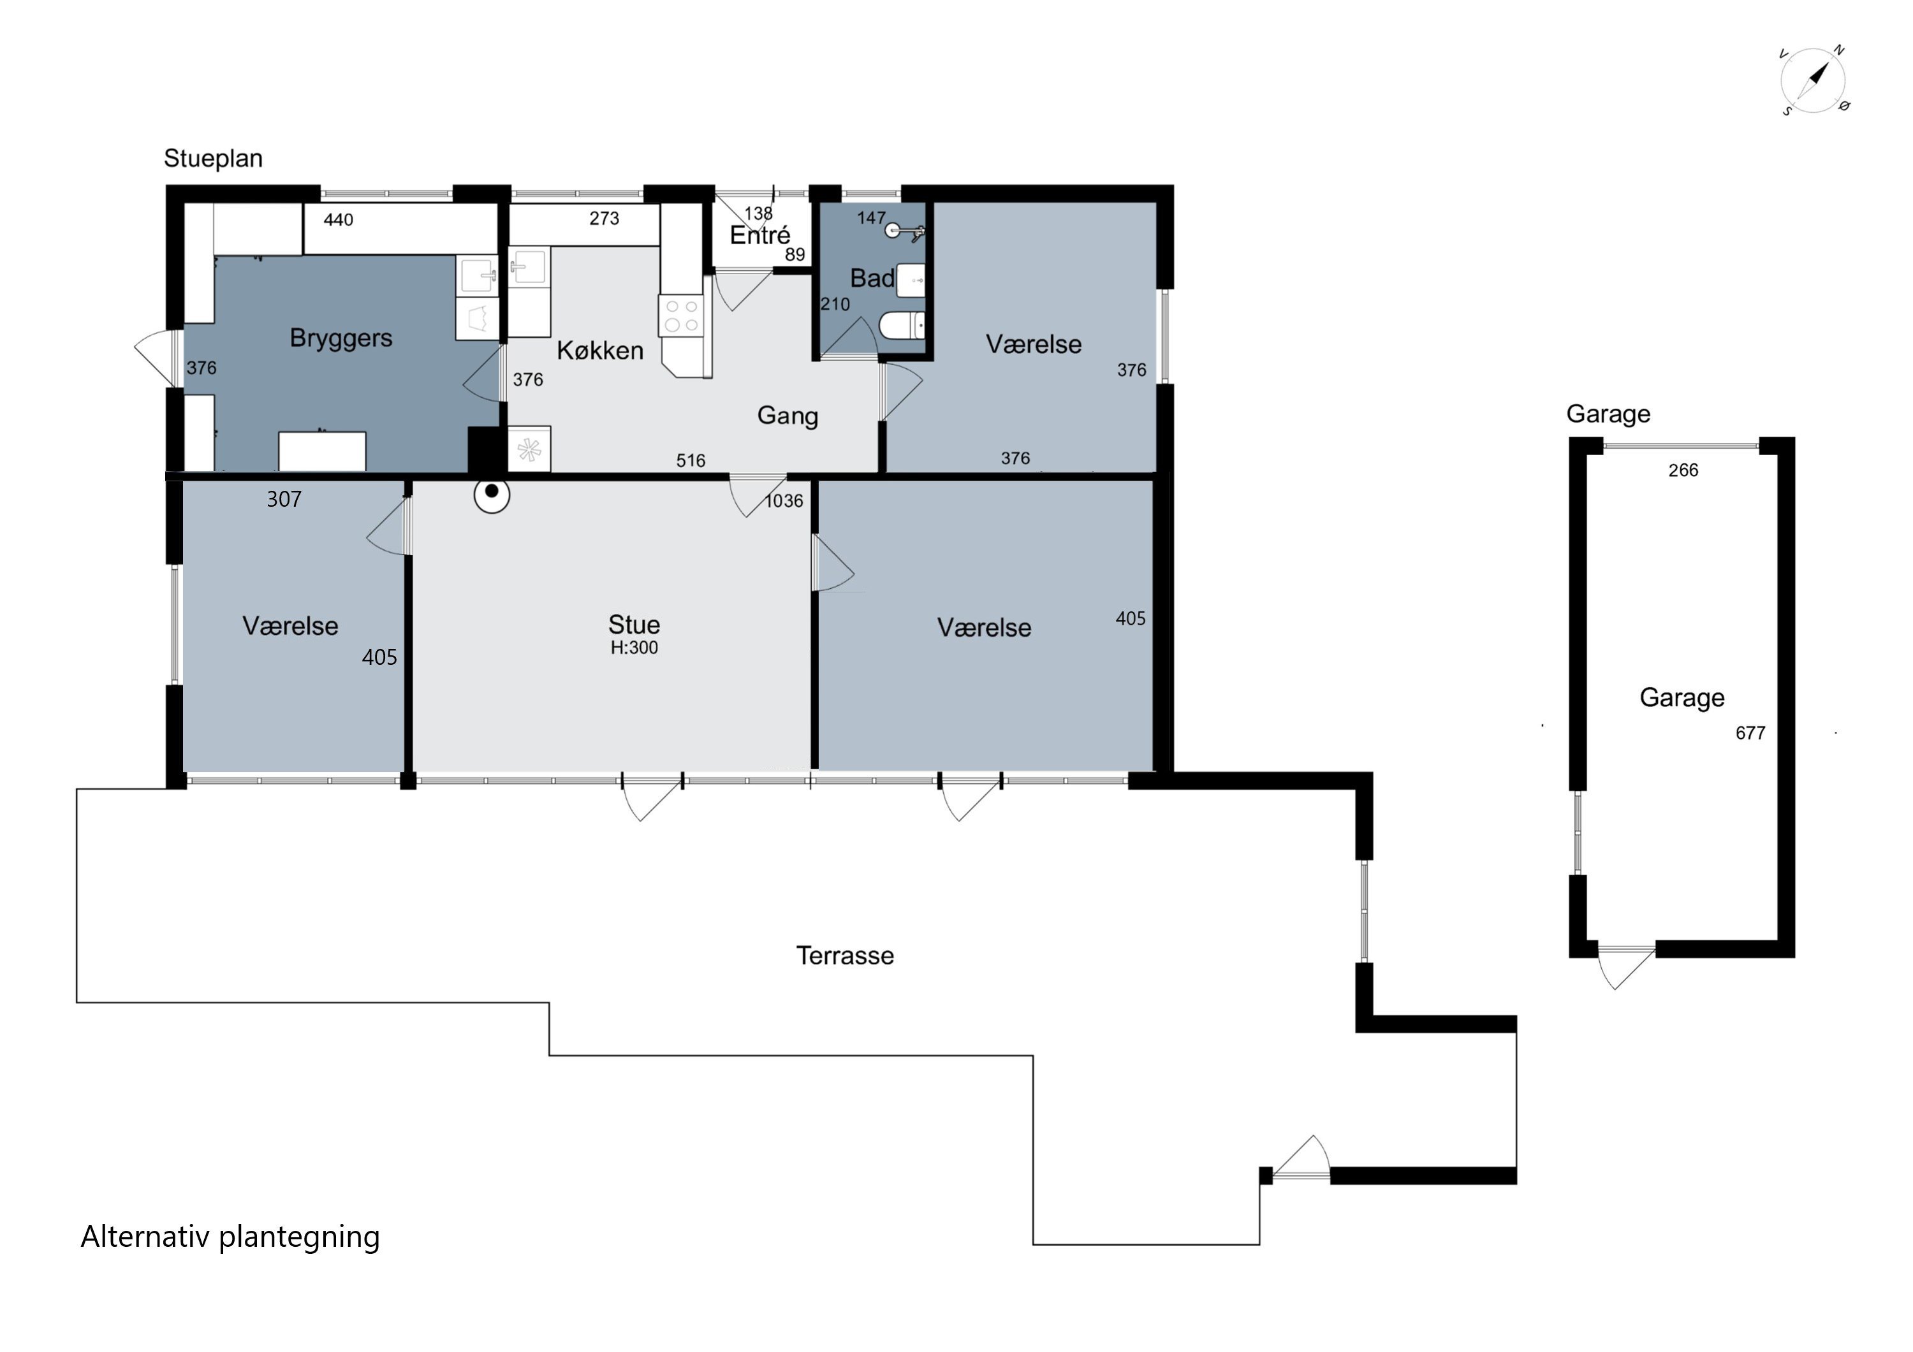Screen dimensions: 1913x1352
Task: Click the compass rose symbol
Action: click(x=1814, y=82)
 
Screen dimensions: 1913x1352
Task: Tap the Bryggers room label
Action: click(x=341, y=338)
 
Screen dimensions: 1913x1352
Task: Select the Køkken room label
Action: click(x=600, y=351)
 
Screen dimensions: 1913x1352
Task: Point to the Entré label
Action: click(x=760, y=235)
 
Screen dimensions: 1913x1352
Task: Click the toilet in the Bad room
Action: click(x=902, y=326)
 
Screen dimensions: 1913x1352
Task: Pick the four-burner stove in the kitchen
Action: click(x=682, y=316)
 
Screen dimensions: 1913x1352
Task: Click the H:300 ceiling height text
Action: click(x=634, y=648)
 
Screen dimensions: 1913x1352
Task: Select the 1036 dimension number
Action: click(x=784, y=500)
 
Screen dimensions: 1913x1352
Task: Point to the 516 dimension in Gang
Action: click(x=691, y=461)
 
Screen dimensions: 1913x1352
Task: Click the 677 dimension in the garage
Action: click(x=1750, y=733)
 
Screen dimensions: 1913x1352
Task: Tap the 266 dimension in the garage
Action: click(x=1683, y=470)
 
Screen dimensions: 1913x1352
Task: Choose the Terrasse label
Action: click(x=845, y=956)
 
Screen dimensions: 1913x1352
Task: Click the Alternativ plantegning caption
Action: click(x=230, y=1237)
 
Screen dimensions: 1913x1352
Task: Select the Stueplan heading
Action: click(x=213, y=158)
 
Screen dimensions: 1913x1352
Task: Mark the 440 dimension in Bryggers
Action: click(x=338, y=220)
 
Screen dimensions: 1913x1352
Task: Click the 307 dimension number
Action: click(x=284, y=499)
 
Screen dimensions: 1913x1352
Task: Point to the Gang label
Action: click(x=788, y=416)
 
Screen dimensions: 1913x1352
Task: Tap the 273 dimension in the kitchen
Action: click(x=604, y=218)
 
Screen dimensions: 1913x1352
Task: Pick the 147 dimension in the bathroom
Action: click(x=872, y=218)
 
